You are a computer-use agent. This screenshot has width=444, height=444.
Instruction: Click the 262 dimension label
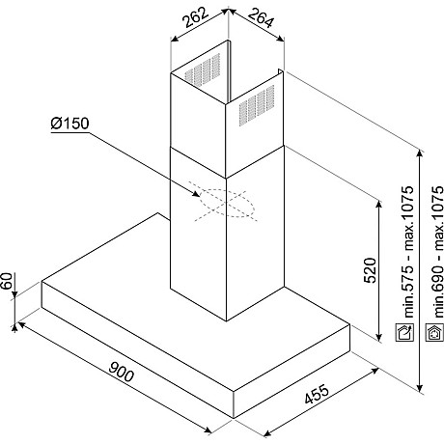point(196,16)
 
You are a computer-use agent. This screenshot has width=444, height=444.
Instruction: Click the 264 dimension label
point(261,18)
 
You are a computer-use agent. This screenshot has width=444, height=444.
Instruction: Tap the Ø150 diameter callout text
point(69,124)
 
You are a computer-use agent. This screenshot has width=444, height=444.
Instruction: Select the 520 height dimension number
point(370,270)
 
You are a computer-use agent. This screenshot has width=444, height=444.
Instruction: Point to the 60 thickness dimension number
point(7,281)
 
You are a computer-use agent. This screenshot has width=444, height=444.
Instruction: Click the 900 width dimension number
point(121,371)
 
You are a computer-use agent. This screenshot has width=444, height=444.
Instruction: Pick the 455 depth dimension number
point(317,394)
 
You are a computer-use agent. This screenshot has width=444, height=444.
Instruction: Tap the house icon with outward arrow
point(404,332)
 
